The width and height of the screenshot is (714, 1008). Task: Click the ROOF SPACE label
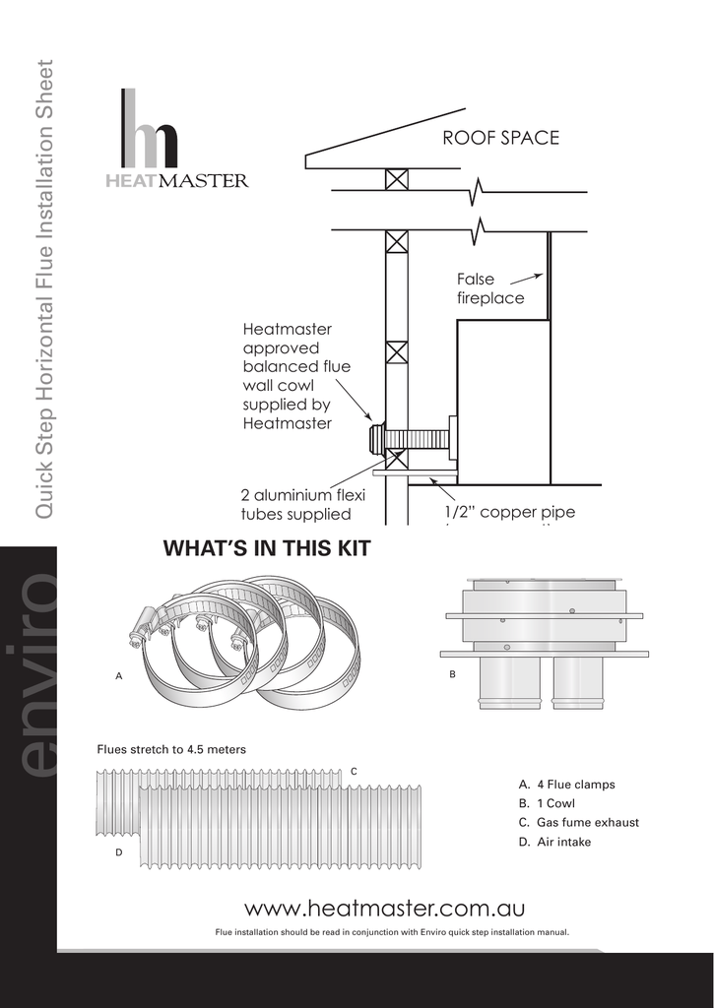[x=500, y=138]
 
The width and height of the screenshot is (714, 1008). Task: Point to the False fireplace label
[x=489, y=288]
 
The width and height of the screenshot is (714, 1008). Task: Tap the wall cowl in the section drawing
[x=376, y=438]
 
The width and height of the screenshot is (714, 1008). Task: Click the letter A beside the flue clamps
[x=119, y=677]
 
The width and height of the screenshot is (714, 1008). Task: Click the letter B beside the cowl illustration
[x=452, y=675]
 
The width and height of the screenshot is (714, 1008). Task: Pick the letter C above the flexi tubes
[x=354, y=770]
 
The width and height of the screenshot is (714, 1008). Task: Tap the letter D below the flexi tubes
[x=119, y=852]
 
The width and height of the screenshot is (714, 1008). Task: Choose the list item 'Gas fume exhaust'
[x=578, y=822]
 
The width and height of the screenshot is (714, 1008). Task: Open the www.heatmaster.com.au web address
[x=384, y=907]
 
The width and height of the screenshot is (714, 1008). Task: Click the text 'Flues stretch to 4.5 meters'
[x=170, y=750]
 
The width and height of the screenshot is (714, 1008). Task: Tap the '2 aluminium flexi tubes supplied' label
[x=303, y=504]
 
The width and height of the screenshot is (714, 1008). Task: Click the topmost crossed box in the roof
[x=396, y=180]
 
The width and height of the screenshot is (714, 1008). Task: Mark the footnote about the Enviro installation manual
[x=392, y=931]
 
